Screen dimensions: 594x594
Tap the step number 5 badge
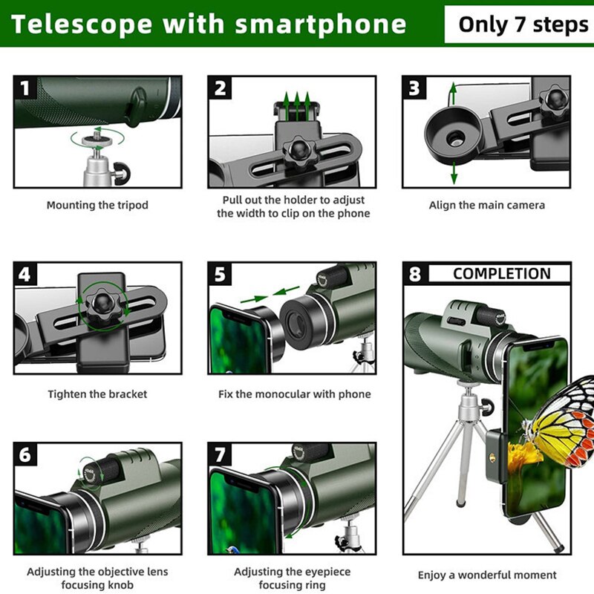pos(221,275)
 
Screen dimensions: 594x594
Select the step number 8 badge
pos(415,274)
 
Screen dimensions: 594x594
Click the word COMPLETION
pos(501,274)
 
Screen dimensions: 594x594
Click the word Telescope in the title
pos(81,24)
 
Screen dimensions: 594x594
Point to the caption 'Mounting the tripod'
pos(97,206)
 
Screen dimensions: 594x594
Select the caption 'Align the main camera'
pos(486,206)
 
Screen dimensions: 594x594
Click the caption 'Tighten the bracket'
pos(97,394)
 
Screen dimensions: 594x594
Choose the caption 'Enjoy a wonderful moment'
pos(486,575)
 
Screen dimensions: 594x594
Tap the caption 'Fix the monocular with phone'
pos(294,394)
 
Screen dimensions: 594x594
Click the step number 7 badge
pos(221,454)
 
